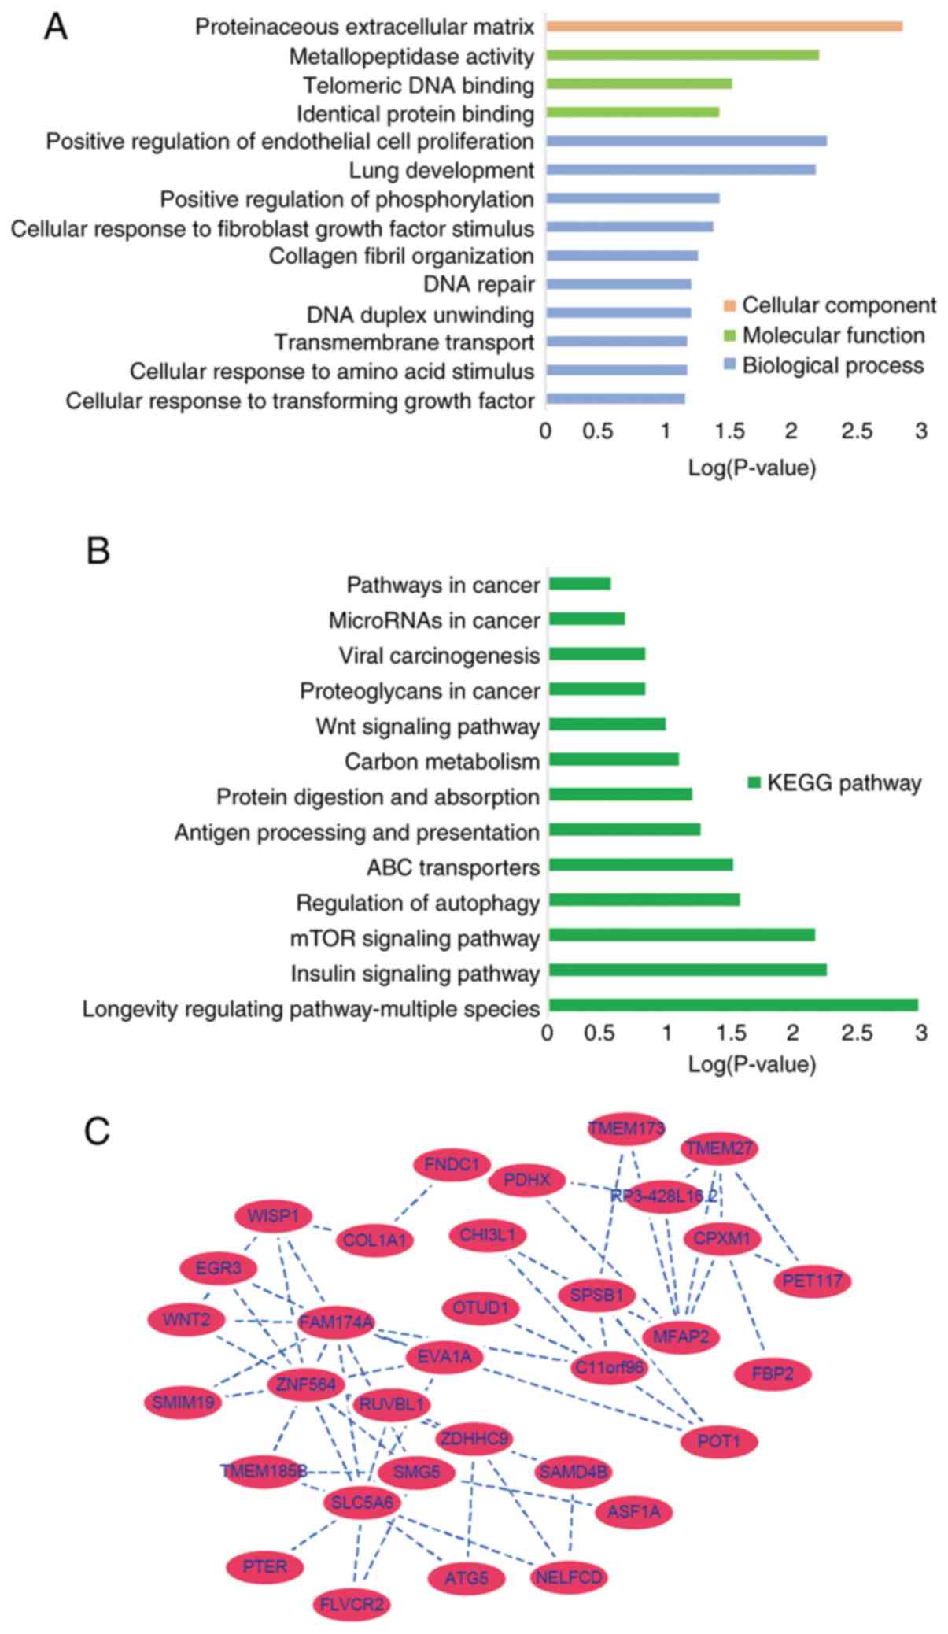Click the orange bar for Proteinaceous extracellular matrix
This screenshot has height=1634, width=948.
pyautogui.click(x=724, y=26)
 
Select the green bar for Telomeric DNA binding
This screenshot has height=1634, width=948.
pyautogui.click(x=638, y=83)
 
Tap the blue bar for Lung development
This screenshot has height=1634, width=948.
pyautogui.click(x=681, y=169)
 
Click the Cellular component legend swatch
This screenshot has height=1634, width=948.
pyautogui.click(x=729, y=305)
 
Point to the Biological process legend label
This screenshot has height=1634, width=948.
pyautogui.click(x=832, y=365)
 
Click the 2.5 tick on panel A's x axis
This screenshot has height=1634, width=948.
pyautogui.click(x=856, y=431)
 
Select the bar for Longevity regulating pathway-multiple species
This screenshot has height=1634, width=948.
pyautogui.click(x=732, y=1005)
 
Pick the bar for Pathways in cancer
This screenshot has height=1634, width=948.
pyautogui.click(x=580, y=583)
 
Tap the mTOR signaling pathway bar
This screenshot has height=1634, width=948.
pyautogui.click(x=681, y=935)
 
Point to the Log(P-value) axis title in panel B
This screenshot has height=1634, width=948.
pyautogui.click(x=751, y=1064)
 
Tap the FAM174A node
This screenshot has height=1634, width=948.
pyautogui.click(x=336, y=1322)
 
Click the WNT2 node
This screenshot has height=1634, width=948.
pyautogui.click(x=186, y=1319)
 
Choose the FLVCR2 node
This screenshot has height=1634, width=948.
pyautogui.click(x=351, y=1604)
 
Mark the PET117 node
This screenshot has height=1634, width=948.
pyautogui.click(x=812, y=1281)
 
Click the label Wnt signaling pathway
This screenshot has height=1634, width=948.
pyautogui.click(x=427, y=726)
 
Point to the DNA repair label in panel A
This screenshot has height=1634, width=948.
pyautogui.click(x=478, y=284)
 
